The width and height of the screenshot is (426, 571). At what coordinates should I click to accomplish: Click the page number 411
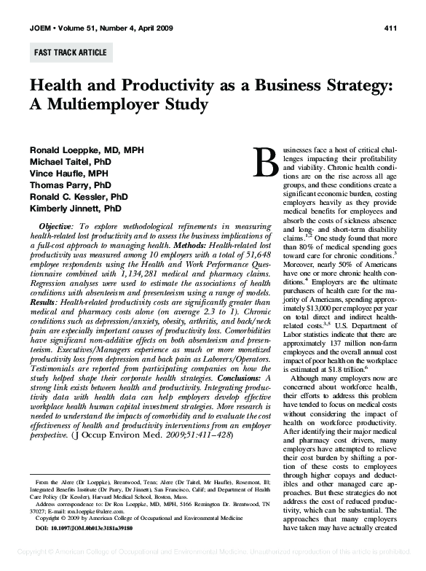(389, 28)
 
